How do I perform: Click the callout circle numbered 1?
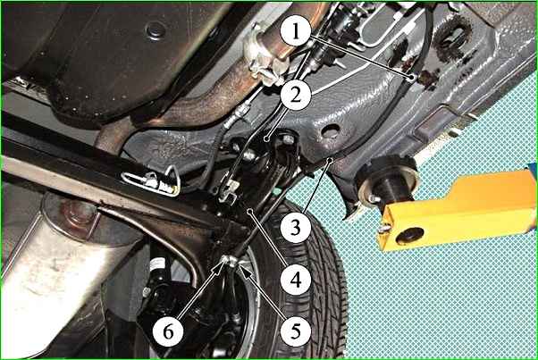tap(296, 32)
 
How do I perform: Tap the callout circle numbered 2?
tap(296, 95)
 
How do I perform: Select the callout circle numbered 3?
tap(296, 227)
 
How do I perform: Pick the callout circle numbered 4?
tap(296, 280)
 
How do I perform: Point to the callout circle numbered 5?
tap(296, 331)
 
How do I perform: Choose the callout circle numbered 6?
tap(168, 331)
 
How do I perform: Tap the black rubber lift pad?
tap(388, 180)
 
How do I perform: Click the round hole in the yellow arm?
tap(410, 236)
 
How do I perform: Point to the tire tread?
tap(309, 274)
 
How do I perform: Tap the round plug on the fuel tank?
tap(156, 30)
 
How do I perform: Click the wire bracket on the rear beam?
tap(151, 180)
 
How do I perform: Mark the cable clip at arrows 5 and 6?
tap(229, 262)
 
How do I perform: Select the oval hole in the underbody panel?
tap(331, 131)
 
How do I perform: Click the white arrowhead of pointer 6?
tap(222, 264)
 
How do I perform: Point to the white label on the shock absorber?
tap(157, 265)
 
